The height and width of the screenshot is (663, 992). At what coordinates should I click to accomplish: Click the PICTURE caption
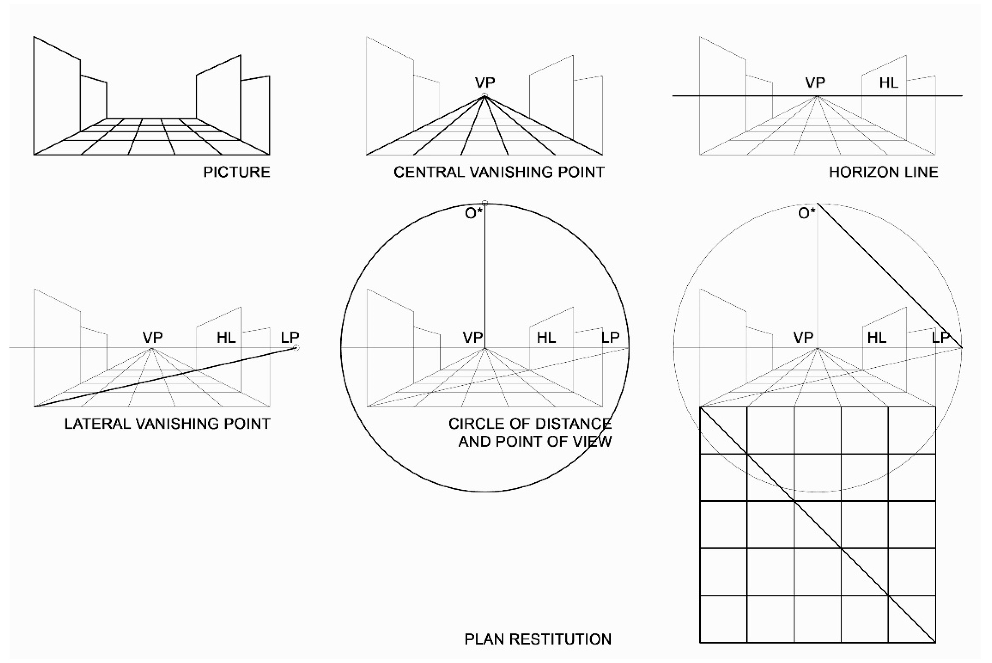(237, 172)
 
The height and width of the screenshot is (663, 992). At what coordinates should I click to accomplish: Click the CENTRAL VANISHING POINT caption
(499, 172)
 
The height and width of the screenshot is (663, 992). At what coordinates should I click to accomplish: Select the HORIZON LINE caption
(883, 172)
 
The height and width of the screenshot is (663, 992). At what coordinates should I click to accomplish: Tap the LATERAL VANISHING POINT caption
(167, 424)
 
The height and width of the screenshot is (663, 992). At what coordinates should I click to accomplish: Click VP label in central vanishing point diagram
(485, 82)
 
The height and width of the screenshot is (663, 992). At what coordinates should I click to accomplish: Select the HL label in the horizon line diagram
(888, 83)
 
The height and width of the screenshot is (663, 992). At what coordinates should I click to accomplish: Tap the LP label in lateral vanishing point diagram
(290, 337)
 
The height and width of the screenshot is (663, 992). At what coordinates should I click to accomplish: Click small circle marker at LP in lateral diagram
(296, 348)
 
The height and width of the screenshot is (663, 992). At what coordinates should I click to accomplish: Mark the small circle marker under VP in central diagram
(485, 96)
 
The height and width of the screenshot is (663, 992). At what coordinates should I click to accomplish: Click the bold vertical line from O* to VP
(485, 275)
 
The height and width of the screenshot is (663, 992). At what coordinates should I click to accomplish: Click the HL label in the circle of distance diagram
(546, 337)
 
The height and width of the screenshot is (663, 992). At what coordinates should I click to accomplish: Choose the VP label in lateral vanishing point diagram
(152, 337)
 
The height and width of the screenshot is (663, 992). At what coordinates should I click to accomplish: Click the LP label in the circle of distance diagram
(610, 337)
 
